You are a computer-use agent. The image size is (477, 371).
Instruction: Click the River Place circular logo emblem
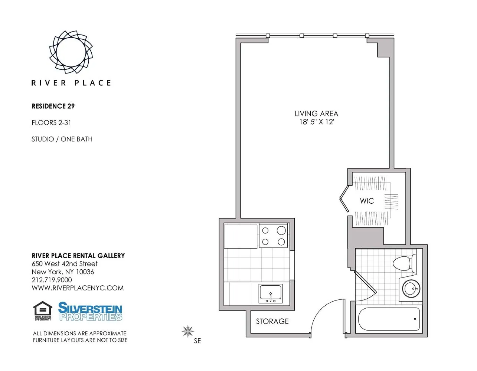tap(71, 52)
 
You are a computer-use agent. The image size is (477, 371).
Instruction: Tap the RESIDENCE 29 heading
tap(53, 106)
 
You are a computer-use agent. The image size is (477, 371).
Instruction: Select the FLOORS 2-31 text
tap(51, 123)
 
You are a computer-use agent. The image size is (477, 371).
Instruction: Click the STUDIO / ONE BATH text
tap(62, 139)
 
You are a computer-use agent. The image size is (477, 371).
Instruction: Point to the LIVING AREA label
tap(316, 114)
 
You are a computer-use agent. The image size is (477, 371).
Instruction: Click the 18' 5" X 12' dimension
tap(316, 122)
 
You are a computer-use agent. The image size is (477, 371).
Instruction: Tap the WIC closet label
tap(367, 201)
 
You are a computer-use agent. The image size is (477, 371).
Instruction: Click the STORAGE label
tap(272, 321)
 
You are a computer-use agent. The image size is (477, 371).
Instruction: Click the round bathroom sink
tap(411, 288)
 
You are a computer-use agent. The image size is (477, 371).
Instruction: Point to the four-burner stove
tap(273, 236)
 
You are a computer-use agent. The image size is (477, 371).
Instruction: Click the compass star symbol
tap(188, 331)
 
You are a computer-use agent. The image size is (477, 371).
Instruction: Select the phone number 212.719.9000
tap(52, 280)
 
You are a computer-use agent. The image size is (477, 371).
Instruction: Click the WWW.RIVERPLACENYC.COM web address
tap(78, 288)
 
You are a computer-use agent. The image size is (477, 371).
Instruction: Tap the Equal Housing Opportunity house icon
tap(43, 311)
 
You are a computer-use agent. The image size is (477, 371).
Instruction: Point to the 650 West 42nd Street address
tap(65, 264)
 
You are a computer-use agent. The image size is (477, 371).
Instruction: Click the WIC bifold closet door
tap(344, 199)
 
